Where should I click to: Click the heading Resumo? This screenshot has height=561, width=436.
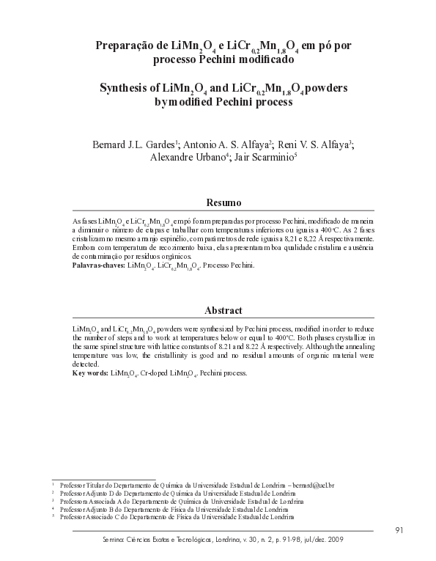(218, 201)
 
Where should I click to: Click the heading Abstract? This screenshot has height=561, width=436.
(218, 310)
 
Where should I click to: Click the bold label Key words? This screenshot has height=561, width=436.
(91, 373)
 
